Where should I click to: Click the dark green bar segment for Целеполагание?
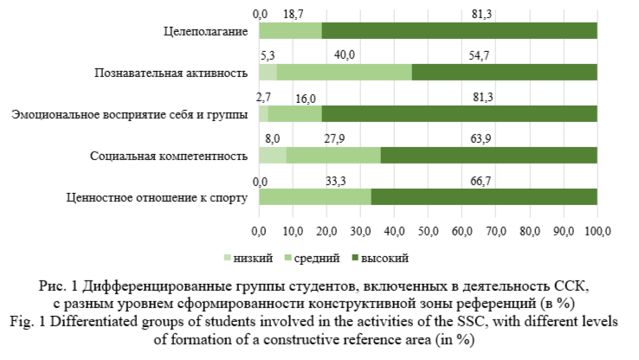point(459,30)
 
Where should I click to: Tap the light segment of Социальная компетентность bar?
point(272,155)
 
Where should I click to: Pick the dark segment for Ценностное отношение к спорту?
point(484,196)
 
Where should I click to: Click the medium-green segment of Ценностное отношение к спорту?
point(315,196)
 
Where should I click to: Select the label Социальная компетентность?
point(170,156)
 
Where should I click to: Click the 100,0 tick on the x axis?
point(597,231)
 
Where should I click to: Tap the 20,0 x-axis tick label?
point(326,231)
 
